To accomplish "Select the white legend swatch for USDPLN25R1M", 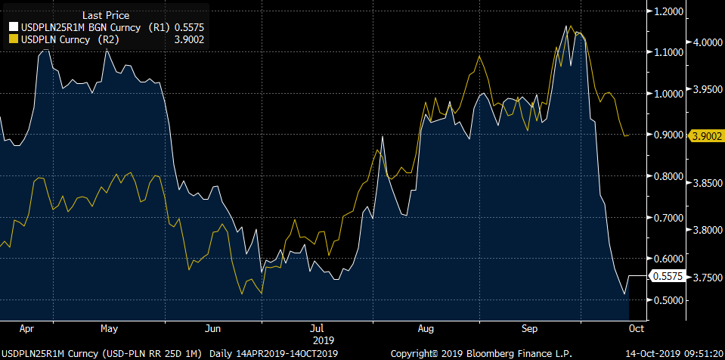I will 12,27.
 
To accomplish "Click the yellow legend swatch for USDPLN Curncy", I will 12,40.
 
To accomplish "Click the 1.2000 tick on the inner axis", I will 669,11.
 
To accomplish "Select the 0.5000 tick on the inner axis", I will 669,301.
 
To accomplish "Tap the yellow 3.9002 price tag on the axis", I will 705,135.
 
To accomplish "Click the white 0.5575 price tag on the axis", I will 668,278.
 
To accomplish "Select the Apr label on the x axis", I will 26,329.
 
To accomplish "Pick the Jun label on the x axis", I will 213,329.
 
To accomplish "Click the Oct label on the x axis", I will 636,329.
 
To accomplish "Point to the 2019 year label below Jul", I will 318,340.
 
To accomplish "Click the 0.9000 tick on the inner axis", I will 669,135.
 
